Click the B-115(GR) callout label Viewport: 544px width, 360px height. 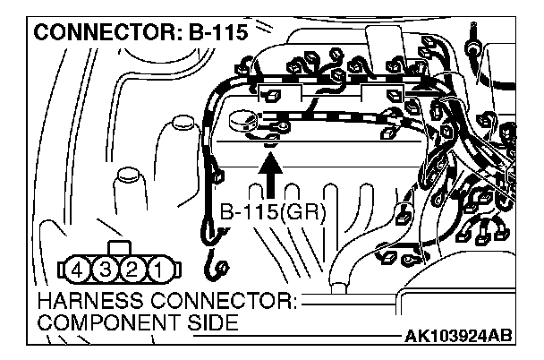point(274,214)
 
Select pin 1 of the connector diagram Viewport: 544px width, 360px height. point(156,267)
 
